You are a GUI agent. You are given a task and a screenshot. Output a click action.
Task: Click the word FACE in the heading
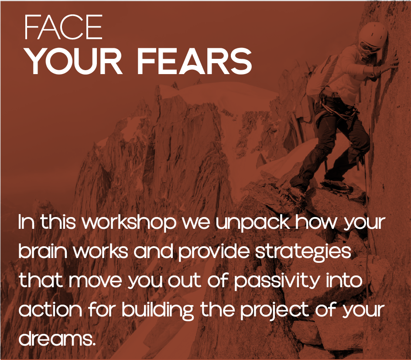[63, 27]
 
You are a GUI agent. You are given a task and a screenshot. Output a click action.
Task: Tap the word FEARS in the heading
[194, 61]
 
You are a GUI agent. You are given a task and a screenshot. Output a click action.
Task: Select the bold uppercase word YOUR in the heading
[74, 61]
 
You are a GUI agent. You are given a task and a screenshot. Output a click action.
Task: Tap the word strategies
[303, 252]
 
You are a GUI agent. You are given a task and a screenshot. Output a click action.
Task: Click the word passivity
[277, 281]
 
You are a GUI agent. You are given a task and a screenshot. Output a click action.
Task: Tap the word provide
[214, 252]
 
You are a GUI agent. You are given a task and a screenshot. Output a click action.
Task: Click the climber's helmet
[373, 34]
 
